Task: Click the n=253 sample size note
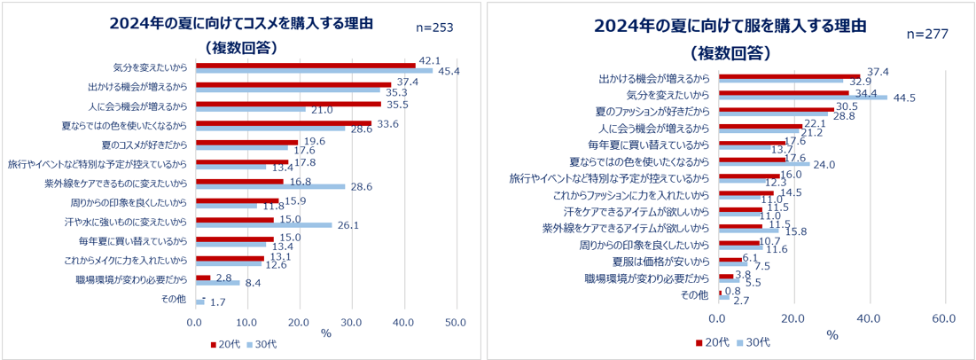[434, 28]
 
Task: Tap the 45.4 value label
[449, 71]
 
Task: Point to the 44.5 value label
[902, 98]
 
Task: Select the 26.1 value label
[347, 224]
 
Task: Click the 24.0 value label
[824, 164]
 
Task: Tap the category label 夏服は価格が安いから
[661, 262]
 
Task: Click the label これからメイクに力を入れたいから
[131, 261]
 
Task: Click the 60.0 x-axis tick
[944, 317]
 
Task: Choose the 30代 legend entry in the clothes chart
[752, 341]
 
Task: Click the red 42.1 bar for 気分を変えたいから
[305, 66]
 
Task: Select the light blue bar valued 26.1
[263, 224]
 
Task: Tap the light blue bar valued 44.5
[802, 98]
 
